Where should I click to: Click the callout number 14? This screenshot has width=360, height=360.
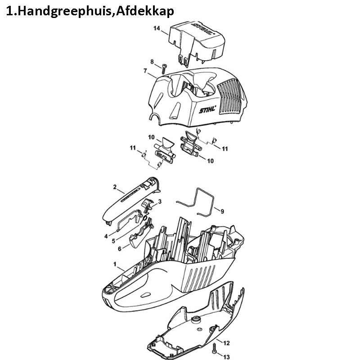157,28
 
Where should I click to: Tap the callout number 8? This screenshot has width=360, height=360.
152,62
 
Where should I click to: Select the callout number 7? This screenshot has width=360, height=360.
145,71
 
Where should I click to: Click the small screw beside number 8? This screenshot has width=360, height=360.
164,69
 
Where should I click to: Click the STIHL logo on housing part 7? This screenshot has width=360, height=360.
207,109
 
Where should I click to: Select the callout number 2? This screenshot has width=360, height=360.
115,187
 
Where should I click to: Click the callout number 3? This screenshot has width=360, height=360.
160,202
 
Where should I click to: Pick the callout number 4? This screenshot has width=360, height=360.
106,236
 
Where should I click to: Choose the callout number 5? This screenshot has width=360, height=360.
113,241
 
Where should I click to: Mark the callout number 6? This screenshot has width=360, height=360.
120,249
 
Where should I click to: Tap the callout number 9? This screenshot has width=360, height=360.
222,211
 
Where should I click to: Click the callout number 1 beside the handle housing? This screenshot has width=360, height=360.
115,264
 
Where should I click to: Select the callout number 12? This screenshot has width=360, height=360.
226,343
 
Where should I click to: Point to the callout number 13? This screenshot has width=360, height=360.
226,357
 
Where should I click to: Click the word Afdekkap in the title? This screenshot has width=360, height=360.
145,11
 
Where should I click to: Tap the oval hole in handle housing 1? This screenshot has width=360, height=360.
145,295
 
